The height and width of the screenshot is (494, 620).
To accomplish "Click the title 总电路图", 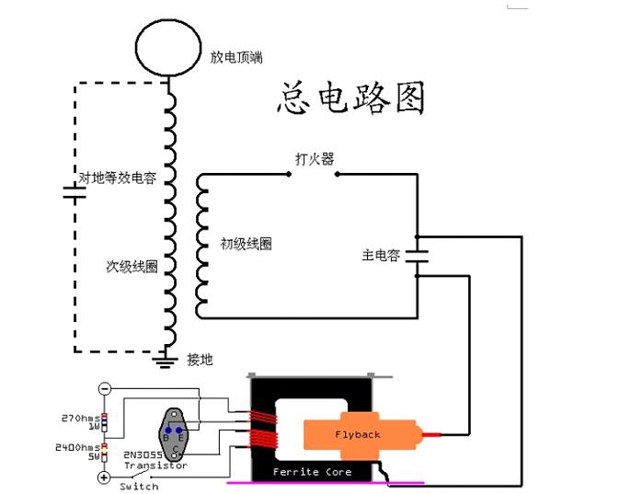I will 350,97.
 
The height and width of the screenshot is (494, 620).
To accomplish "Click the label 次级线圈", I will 132,267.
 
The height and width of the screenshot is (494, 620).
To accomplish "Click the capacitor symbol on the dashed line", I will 74,192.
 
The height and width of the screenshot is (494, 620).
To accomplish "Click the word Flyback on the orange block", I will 357,434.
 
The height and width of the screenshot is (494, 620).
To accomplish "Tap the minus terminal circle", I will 104,388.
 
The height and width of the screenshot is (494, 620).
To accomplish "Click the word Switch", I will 139,486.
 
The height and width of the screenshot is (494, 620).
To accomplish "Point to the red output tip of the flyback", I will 441,431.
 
